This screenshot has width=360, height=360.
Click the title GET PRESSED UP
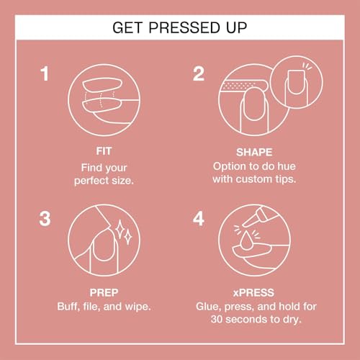pyautogui.click(x=180, y=28)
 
